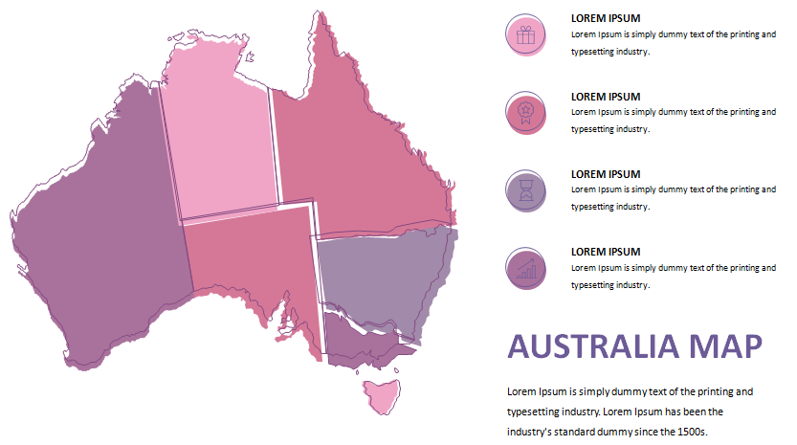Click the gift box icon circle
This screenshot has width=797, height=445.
click(524, 35)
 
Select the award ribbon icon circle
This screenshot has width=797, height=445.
click(524, 113)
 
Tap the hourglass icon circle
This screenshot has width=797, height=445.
click(524, 190)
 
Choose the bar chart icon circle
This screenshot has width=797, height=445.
click(524, 268)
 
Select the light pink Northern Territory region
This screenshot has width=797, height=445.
click(218, 134)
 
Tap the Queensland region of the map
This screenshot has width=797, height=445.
click(354, 153)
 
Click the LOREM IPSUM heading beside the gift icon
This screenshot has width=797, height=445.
click(606, 18)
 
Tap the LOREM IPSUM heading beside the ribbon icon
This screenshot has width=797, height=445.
click(606, 97)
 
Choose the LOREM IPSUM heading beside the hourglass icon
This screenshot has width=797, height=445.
click(606, 174)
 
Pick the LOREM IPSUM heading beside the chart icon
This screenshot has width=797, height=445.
click(606, 252)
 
